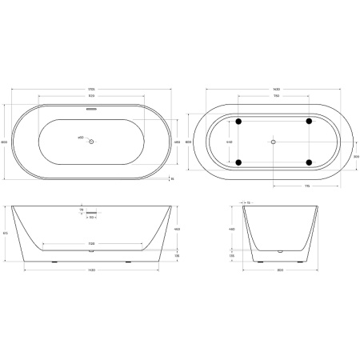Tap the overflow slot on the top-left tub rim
coord(91,110)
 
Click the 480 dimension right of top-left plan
coord(176,142)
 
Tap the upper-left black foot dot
coord(236,122)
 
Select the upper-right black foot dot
coord(308,122)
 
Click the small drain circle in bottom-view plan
coord(273,142)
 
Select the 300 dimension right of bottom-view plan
coord(354,157)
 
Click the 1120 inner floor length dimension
coord(91,242)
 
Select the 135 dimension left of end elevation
coord(232,256)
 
